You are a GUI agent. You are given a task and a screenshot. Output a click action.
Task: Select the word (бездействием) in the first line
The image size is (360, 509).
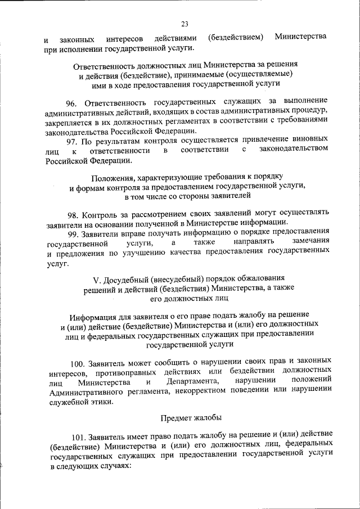[x=236, y=37]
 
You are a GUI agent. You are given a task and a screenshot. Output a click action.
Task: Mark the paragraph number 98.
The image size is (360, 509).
[x=73, y=214]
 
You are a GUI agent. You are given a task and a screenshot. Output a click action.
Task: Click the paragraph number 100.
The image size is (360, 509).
[x=79, y=361]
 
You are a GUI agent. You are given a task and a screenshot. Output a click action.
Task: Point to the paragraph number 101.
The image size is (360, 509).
[x=79, y=436]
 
